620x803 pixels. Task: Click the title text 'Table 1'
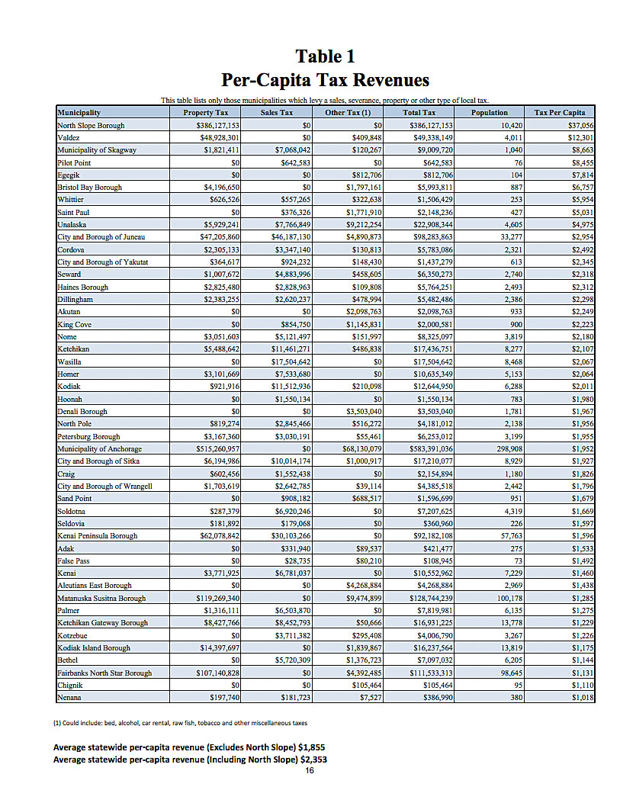point(325,56)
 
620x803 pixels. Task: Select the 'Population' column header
point(489,113)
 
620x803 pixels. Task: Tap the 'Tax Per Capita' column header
point(560,113)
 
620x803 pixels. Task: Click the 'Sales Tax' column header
point(276,113)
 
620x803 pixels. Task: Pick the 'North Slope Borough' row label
point(91,125)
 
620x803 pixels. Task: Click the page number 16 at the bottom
point(310,771)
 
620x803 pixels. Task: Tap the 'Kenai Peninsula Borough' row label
point(97,536)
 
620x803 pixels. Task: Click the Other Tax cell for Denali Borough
point(358,412)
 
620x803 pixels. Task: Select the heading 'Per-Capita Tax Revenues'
point(325,80)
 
